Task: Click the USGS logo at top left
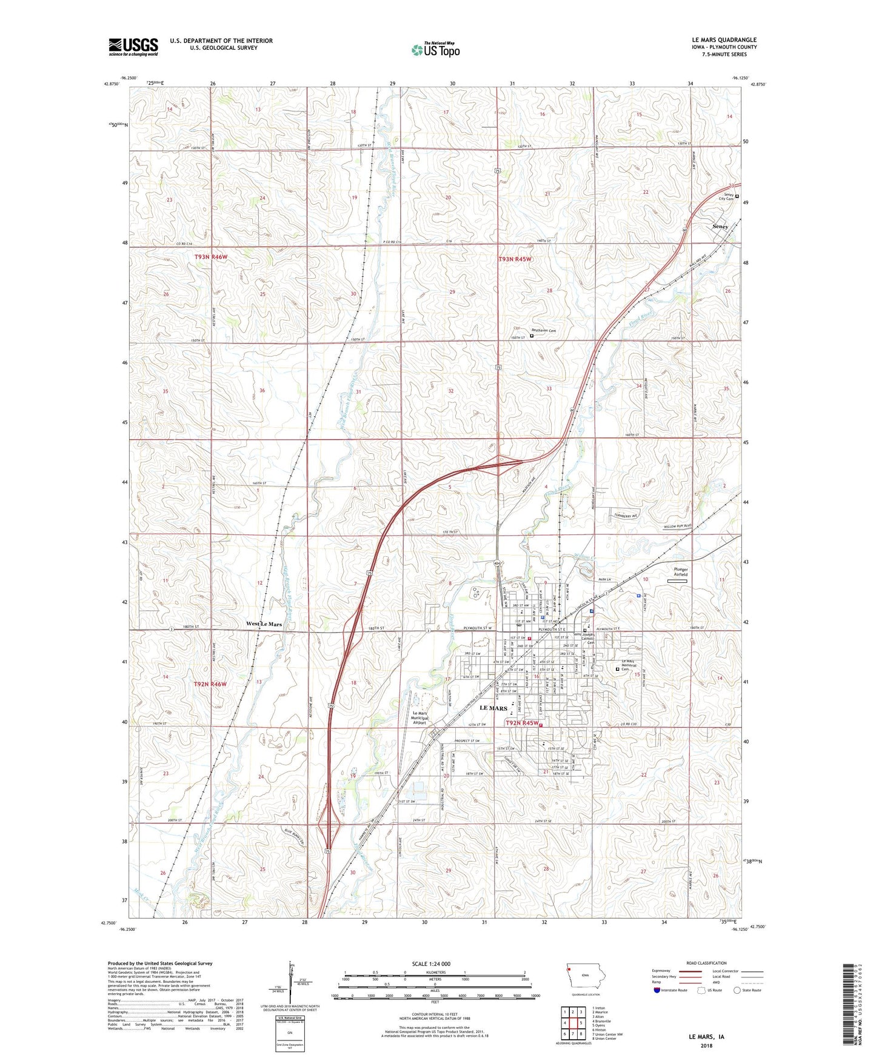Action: click(x=133, y=47)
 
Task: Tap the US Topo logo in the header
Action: click(x=435, y=50)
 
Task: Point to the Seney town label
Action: click(x=720, y=226)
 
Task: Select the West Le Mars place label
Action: click(x=264, y=624)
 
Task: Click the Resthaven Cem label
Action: click(x=544, y=331)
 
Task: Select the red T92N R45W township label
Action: click(x=522, y=723)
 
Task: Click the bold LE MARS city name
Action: click(x=493, y=708)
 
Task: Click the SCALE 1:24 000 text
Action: click(x=430, y=963)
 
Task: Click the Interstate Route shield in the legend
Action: click(x=657, y=991)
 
